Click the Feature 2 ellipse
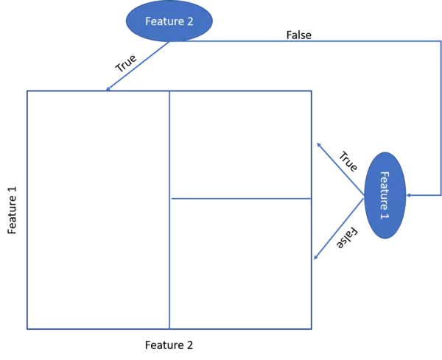[169, 21]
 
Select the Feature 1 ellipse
[385, 195]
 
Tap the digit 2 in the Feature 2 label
[189, 21]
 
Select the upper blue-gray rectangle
[237, 145]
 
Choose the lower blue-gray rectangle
[237, 261]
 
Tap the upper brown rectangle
[376, 118]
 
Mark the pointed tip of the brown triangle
[363, 197]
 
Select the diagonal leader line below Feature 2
[138, 66]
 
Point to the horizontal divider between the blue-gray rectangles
[237, 197]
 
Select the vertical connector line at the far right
[439, 118]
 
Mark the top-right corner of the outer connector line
[439, 42]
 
